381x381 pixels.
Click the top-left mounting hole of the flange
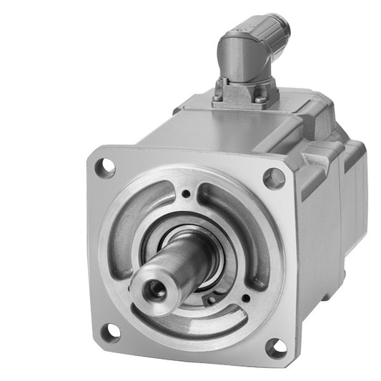coord(106,167)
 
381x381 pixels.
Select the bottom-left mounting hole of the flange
coord(110,332)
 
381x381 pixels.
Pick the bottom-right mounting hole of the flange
coord(276,348)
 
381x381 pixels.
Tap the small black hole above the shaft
coord(186,194)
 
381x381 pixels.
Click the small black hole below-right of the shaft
coord(245,297)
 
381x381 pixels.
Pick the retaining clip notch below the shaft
coord(212,300)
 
